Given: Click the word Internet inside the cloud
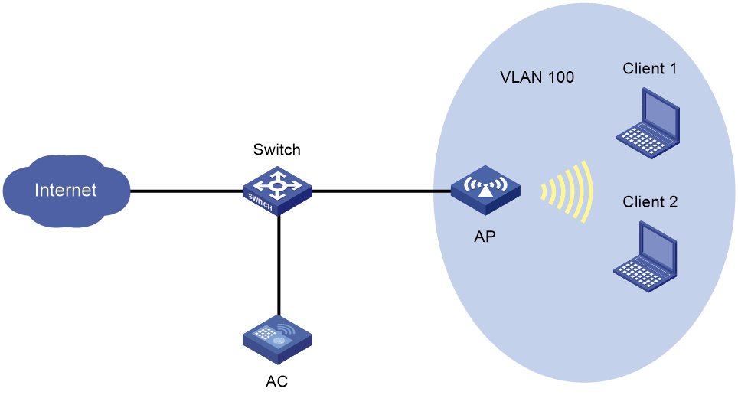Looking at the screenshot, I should pyautogui.click(x=66, y=190).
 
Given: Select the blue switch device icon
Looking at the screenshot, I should pyautogui.click(x=277, y=192).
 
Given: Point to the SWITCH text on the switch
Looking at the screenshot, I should pyautogui.click(x=261, y=202).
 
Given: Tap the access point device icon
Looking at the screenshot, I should pyautogui.click(x=485, y=191).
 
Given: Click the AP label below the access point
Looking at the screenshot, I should pyautogui.click(x=485, y=237).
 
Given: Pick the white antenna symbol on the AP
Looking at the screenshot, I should pyautogui.click(x=485, y=186).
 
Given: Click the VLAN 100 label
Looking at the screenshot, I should pyautogui.click(x=537, y=77).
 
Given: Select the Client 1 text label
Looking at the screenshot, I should pyautogui.click(x=649, y=69).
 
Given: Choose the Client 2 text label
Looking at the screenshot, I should pyautogui.click(x=650, y=202).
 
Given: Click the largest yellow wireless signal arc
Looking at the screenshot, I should pyautogui.click(x=586, y=191).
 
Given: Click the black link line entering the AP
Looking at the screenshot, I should pyautogui.click(x=441, y=191).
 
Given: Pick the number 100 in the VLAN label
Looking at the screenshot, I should pyautogui.click(x=560, y=77).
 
